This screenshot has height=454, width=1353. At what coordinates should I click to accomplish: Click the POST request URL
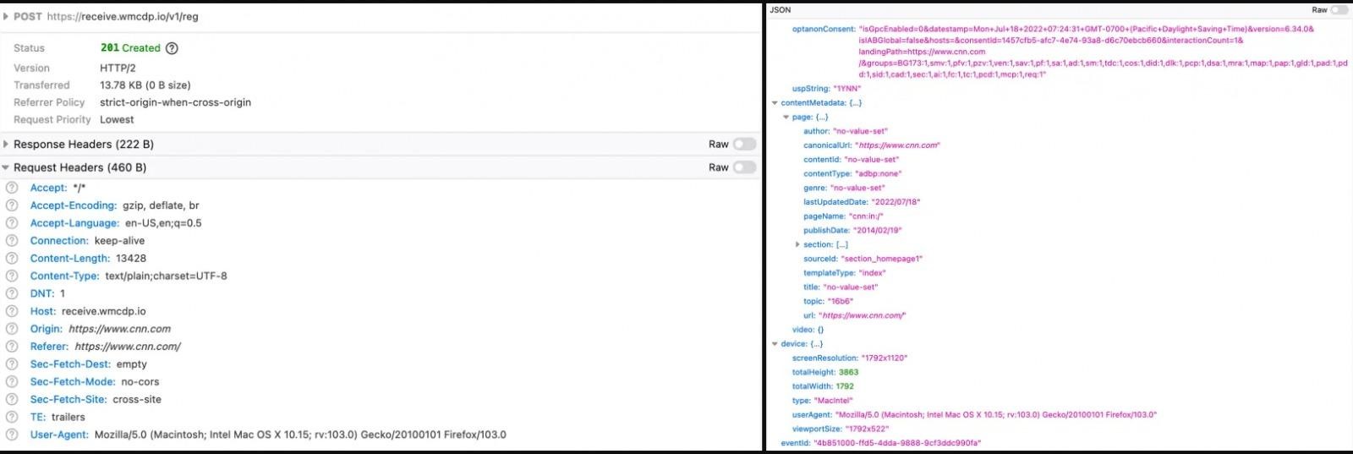coord(123,16)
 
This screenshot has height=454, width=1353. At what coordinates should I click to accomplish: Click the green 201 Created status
coord(130,47)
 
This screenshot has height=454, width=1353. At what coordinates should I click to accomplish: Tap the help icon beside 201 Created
coord(172,48)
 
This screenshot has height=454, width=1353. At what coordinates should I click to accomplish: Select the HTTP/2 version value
coord(118,68)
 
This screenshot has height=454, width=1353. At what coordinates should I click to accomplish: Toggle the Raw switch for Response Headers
coord(745,144)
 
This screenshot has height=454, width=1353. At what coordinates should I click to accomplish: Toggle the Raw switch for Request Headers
coord(745,167)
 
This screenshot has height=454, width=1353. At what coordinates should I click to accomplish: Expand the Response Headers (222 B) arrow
coord(6,144)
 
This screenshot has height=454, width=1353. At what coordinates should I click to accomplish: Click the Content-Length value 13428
coord(131,259)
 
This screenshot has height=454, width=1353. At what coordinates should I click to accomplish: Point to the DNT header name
coord(42,293)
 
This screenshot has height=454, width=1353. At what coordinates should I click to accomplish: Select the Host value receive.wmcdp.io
coord(104,311)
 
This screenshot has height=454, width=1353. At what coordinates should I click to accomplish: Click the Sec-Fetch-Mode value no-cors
coord(140,381)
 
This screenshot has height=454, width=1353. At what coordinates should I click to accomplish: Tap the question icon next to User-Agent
coord(12,434)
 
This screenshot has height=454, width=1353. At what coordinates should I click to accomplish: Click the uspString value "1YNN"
coord(847,89)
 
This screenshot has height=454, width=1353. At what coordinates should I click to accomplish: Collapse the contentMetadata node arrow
coord(775,102)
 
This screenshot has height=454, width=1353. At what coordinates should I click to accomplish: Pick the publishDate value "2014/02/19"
coord(878,231)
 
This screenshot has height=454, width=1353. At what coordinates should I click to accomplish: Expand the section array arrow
coord(797,244)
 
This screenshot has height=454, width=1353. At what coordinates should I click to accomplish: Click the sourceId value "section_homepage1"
coord(882,259)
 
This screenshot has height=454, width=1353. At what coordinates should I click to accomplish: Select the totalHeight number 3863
coord(849,373)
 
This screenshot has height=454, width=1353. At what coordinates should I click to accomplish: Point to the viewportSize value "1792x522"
coord(868,429)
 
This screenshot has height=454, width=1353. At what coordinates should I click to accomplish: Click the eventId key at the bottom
coord(795,443)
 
